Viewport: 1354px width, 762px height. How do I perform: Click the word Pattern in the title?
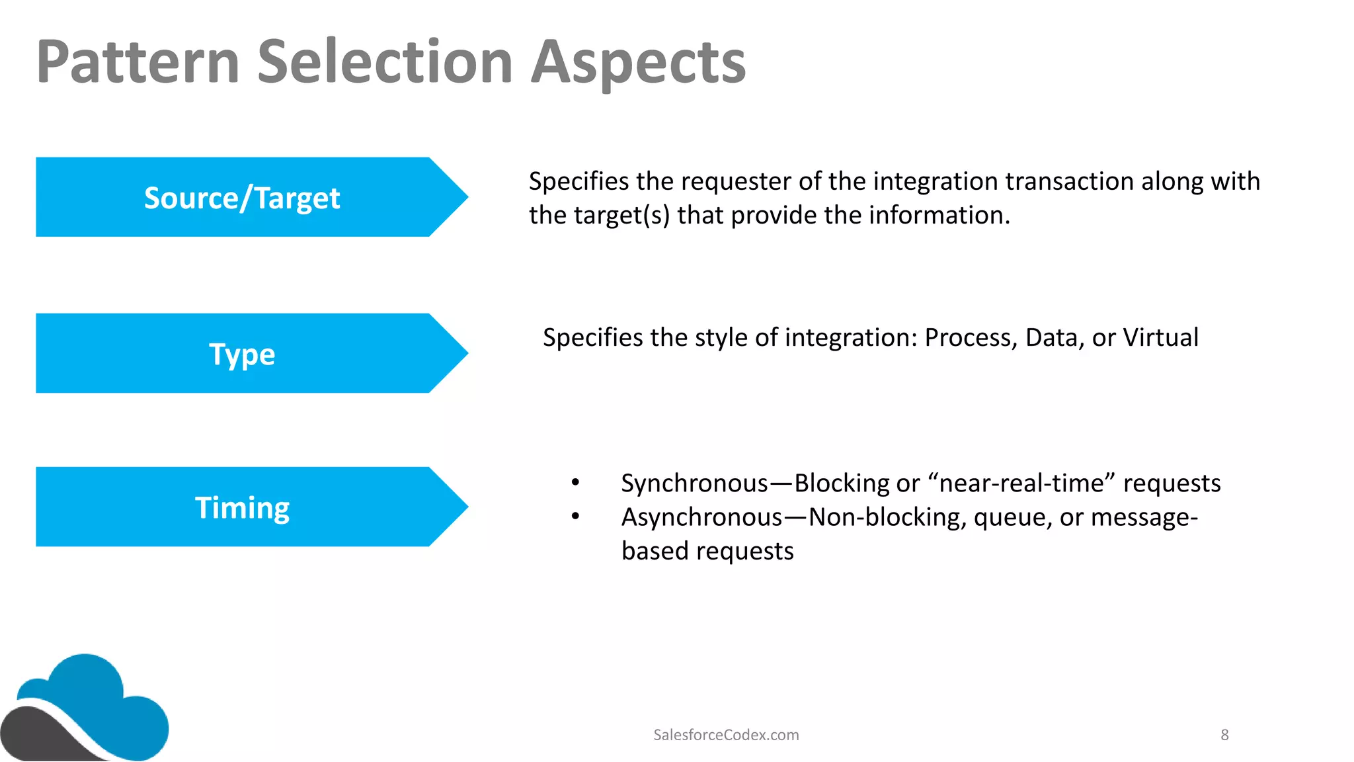coord(138,62)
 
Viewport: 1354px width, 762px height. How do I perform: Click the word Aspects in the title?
coord(638,62)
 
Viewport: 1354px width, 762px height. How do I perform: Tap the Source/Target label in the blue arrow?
coord(242,198)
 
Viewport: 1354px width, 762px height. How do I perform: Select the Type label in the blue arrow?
coord(242,355)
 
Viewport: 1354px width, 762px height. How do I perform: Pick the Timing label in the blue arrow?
coord(242,508)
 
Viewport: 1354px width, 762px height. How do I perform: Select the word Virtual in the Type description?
coord(1161,338)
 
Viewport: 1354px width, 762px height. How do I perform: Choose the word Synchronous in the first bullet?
coord(694,484)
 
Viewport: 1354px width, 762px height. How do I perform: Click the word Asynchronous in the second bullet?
coord(701,517)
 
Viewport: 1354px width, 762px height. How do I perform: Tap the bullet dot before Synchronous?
coord(576,484)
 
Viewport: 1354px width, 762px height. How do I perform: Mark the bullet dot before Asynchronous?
coord(576,517)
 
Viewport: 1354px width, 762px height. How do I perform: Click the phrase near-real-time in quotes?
coord(1021,484)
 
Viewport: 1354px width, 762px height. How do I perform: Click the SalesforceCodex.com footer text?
coord(726,735)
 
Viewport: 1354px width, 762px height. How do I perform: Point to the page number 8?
coord(1224,735)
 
